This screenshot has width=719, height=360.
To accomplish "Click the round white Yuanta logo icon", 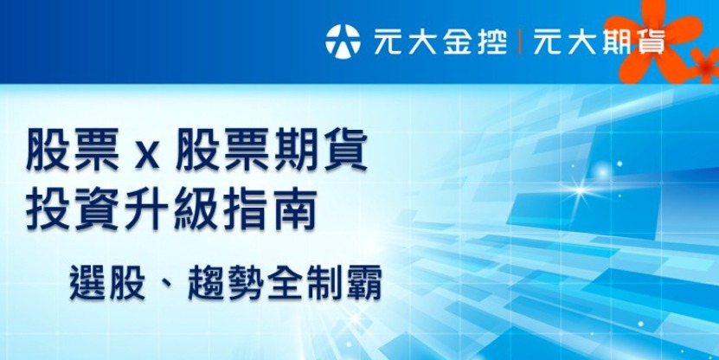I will (343, 39).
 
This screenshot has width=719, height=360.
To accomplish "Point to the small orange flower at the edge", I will (705, 63).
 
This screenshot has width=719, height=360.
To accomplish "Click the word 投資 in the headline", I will (73, 210).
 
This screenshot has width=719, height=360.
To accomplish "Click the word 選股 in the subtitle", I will (112, 281).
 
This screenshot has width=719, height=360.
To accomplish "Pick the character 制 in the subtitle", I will (323, 281).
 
